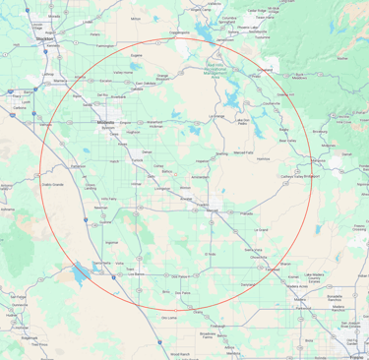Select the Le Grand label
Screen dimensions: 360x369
(261, 229)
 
